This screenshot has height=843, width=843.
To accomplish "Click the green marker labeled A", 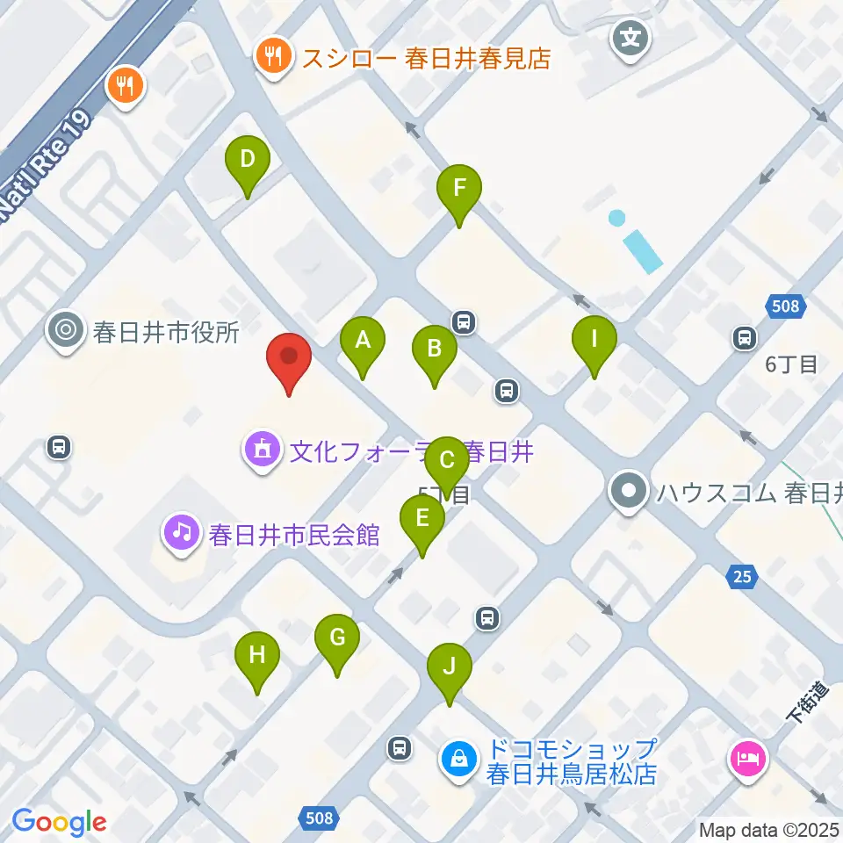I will pyautogui.click(x=363, y=342).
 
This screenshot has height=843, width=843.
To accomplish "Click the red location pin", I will pyautogui.click(x=288, y=357).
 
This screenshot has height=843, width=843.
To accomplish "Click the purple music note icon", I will pyautogui.click(x=181, y=532).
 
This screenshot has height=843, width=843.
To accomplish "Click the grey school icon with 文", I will pyautogui.click(x=630, y=38).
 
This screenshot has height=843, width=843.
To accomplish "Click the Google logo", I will pyautogui.click(x=59, y=822).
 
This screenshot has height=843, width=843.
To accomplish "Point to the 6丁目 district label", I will pyautogui.click(x=790, y=364).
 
